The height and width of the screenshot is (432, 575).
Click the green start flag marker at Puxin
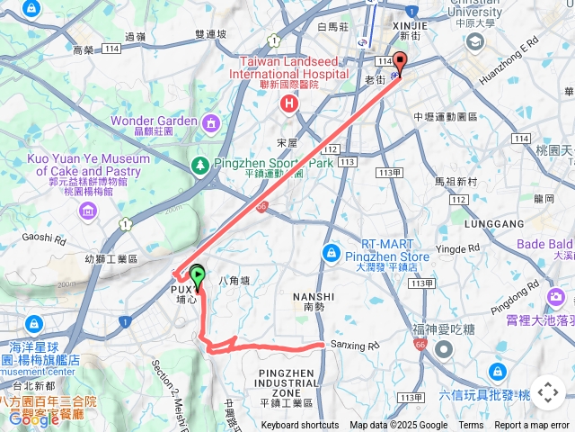pos(198,277)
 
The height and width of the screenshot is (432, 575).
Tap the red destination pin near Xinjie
pos(400,63)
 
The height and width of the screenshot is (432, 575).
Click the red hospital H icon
pos(288,103)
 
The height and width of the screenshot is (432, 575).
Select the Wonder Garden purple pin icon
pos(210,121)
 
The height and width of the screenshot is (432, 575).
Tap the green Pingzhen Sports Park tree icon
pos(199,165)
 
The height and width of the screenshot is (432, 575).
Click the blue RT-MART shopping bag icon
pos(332,252)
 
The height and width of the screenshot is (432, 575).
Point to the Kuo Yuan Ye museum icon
pos(88,211)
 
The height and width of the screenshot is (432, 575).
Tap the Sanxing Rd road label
pos(356,345)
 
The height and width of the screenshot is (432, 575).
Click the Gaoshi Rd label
pos(44,238)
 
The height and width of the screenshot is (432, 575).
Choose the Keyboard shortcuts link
pos(300,426)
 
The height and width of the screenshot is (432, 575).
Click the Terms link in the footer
pos(471,426)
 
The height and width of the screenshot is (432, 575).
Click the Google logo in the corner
pos(34,418)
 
